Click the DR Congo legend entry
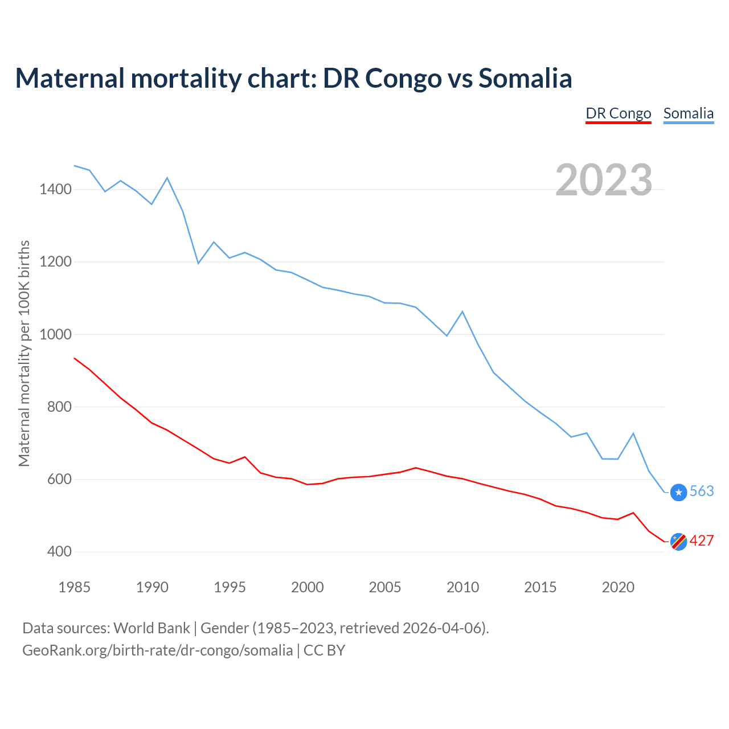[618, 113]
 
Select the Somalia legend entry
[688, 113]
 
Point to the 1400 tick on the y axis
[56, 189]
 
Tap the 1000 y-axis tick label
[56, 334]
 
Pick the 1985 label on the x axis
[75, 587]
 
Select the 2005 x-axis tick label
[385, 587]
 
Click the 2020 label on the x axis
[618, 587]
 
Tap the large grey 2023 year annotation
[603, 180]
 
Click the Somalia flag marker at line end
[678, 492]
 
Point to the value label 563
[702, 491]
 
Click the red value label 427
[702, 540]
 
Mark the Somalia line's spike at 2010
[462, 312]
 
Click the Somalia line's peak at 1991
[167, 178]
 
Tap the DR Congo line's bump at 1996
[245, 457]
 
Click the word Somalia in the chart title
[525, 78]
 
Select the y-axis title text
[24, 353]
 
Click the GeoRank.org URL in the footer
[157, 650]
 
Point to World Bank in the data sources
[151, 628]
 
